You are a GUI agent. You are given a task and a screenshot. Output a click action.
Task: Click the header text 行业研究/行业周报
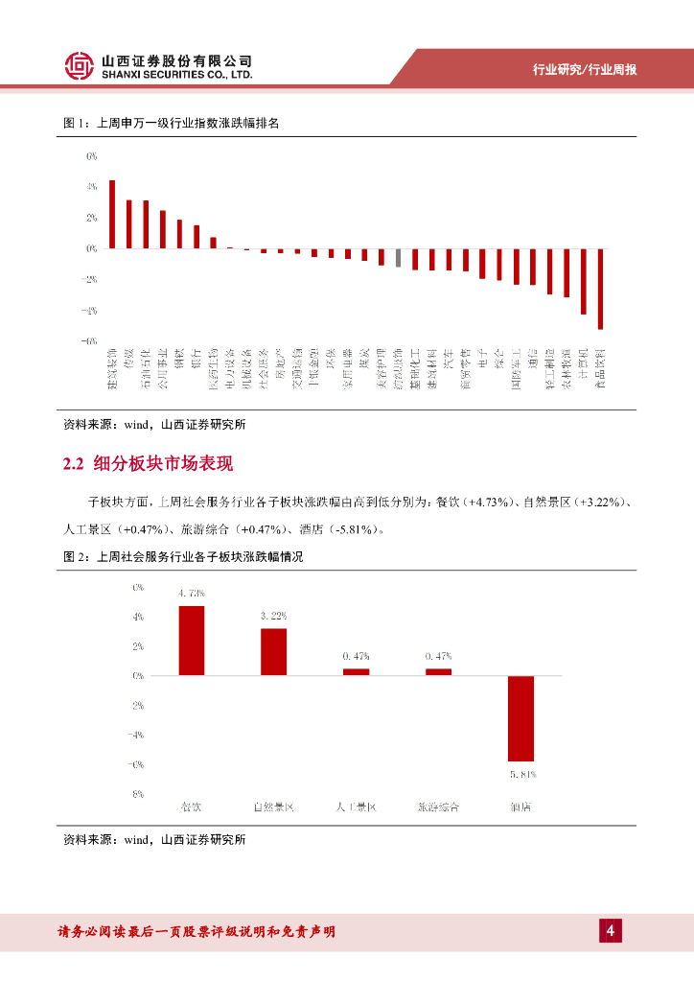tap(585, 70)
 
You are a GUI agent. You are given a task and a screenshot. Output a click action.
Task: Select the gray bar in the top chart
tap(398, 257)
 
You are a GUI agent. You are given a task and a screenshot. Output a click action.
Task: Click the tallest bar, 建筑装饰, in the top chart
tap(112, 214)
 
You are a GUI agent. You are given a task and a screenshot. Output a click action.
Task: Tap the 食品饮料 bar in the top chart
tap(600, 289)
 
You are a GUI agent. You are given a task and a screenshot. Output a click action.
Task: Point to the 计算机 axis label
tap(583, 368)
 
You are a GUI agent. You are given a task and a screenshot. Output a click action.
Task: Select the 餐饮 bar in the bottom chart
tap(191, 641)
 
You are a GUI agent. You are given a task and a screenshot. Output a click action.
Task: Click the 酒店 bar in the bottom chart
tap(520, 718)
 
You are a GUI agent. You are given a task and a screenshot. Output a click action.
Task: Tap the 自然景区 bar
tap(273, 652)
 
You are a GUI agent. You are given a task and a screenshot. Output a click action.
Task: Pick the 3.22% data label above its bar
tap(273, 616)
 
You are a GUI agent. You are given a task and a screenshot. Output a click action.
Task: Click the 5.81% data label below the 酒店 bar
tap(520, 773)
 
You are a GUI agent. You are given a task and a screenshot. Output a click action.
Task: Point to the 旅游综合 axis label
tap(438, 807)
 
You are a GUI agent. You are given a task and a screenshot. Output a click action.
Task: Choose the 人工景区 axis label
tap(356, 807)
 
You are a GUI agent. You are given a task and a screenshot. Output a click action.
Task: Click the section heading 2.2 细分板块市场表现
tap(148, 465)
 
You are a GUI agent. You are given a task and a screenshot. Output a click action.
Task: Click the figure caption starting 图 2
tap(182, 556)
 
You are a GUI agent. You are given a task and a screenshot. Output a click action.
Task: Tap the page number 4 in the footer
tap(610, 930)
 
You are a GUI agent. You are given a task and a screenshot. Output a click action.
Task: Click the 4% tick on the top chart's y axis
tap(92, 187)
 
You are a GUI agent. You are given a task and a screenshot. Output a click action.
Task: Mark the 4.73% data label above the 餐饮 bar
tap(191, 594)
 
